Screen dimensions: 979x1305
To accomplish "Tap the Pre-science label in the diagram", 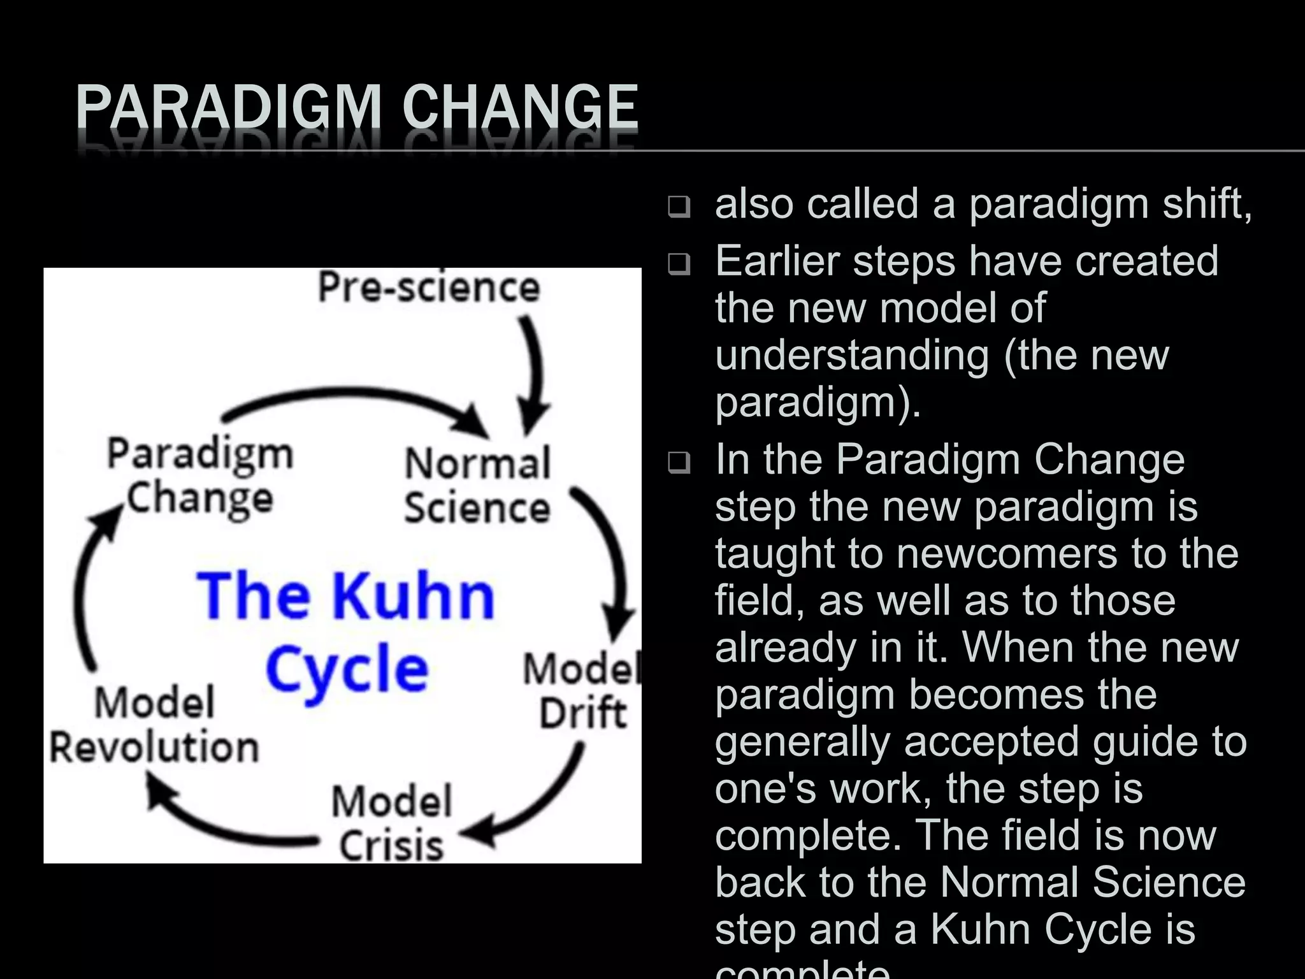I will click(429, 287).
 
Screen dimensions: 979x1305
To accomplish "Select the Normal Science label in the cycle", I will click(477, 486).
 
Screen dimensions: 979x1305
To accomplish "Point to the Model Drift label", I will click(582, 691).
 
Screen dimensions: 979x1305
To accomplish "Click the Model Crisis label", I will click(391, 823).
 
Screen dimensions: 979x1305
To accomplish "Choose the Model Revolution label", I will click(154, 725).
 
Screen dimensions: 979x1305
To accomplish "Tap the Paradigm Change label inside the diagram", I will click(200, 475).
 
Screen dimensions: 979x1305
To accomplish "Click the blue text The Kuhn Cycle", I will click(346, 630).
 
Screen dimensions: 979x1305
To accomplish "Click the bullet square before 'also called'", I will click(679, 207).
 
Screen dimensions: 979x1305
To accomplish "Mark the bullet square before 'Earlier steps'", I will click(679, 265).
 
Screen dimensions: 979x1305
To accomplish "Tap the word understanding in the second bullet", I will click(853, 355).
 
